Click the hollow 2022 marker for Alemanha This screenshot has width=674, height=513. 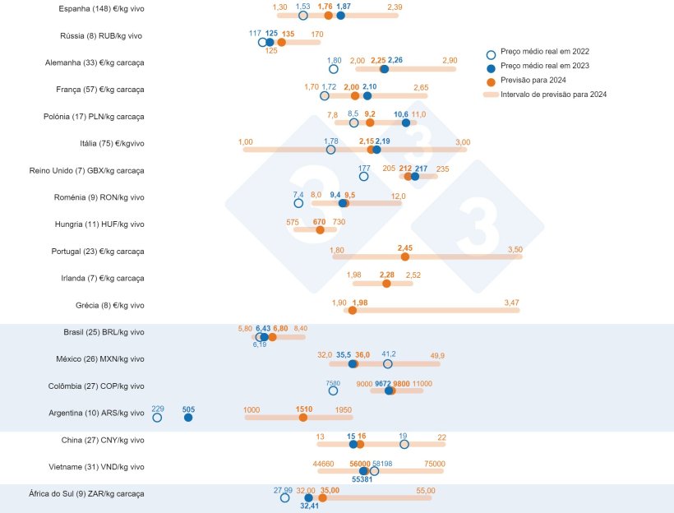(x=334, y=69)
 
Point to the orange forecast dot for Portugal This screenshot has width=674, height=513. (x=404, y=256)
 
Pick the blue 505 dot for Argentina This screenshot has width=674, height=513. (x=188, y=418)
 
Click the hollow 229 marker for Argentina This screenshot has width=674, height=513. (x=157, y=418)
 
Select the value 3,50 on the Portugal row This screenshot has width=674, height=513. (x=515, y=248)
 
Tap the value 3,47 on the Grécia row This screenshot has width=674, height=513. (x=511, y=303)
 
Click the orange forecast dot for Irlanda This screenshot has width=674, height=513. (x=386, y=284)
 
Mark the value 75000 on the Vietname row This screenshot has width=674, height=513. (x=434, y=464)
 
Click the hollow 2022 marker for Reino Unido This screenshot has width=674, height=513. (x=364, y=176)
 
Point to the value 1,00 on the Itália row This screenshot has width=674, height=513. (x=246, y=142)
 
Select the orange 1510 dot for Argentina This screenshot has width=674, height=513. (x=303, y=418)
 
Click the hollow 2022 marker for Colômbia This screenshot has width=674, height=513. (x=333, y=391)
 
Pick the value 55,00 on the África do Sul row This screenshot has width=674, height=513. (x=426, y=490)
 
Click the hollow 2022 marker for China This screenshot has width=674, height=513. (x=404, y=444)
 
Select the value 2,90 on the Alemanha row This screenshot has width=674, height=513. (x=449, y=61)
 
